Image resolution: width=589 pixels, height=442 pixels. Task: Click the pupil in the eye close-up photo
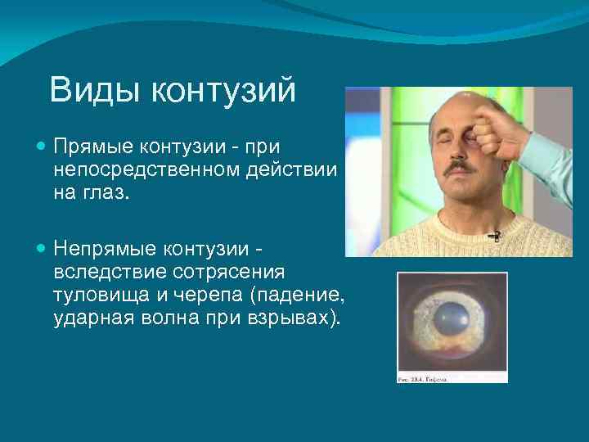[x=452, y=320]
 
